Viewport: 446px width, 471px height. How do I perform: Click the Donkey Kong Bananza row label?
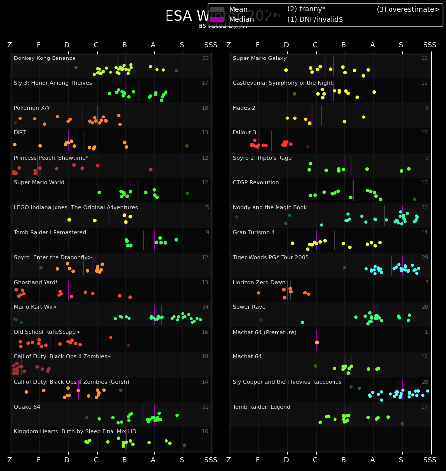(x=45, y=59)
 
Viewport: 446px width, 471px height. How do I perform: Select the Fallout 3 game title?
(x=244, y=133)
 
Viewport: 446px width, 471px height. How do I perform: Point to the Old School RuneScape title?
(x=47, y=332)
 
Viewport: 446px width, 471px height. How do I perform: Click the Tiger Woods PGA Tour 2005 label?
(x=271, y=258)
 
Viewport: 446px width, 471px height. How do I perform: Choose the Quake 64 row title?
(x=27, y=407)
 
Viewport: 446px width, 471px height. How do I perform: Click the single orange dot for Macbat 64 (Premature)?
(x=317, y=342)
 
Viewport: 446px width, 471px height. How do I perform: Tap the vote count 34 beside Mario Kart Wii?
(x=205, y=307)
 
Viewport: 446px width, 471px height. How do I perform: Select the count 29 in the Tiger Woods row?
(x=424, y=258)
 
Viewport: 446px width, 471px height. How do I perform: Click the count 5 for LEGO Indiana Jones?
(x=207, y=208)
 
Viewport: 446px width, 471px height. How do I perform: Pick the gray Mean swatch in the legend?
(x=217, y=10)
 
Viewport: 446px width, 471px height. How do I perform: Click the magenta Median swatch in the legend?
(x=217, y=20)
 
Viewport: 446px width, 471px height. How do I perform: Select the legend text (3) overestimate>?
(x=408, y=10)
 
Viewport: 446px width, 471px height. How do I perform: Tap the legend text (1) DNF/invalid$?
(x=315, y=20)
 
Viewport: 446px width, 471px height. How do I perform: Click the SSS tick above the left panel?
(x=211, y=45)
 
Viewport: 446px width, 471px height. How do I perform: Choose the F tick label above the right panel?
(x=258, y=45)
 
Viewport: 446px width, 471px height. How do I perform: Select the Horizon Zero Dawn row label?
(x=259, y=283)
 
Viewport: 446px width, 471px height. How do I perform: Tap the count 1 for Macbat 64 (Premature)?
(x=426, y=332)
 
